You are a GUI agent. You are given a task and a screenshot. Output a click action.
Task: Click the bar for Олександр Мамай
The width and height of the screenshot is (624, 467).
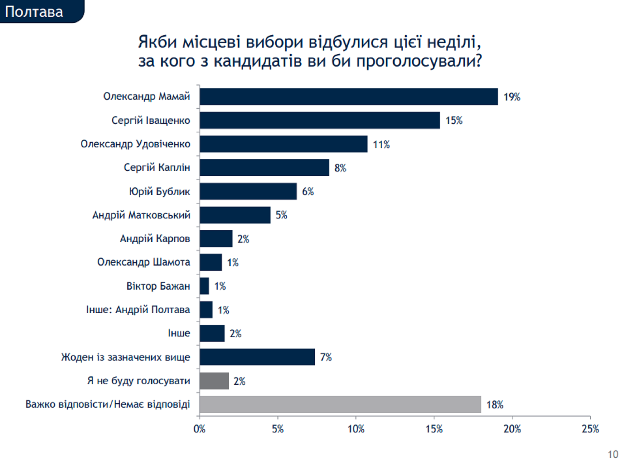click(349, 97)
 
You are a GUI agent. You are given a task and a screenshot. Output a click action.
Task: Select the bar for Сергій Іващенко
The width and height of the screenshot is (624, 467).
click(320, 120)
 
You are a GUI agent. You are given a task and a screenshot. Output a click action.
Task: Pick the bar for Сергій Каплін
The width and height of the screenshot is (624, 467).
click(264, 168)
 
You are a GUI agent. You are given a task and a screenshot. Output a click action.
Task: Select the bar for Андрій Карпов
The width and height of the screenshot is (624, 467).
click(216, 239)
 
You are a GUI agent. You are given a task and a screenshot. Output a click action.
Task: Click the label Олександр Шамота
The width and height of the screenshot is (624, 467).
click(144, 262)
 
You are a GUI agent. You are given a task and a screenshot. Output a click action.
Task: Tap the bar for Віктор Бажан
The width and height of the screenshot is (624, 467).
click(204, 286)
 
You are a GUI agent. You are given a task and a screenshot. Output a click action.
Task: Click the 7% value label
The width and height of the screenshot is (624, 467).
click(326, 357)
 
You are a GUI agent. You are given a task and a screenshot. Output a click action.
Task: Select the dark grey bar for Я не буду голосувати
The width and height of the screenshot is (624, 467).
click(214, 381)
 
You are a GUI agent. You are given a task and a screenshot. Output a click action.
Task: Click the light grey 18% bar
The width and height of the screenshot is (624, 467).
click(340, 404)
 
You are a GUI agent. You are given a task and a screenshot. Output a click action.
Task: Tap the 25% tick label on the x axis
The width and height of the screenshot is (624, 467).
click(590, 429)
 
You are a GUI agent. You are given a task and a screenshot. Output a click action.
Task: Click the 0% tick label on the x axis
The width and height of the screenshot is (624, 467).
click(199, 429)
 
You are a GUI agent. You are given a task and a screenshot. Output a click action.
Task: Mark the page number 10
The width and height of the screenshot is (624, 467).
click(613, 455)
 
